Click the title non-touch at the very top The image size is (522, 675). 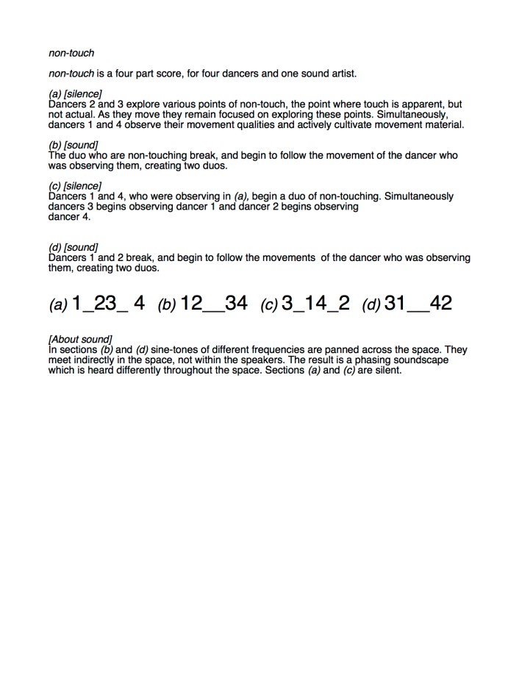tap(71, 53)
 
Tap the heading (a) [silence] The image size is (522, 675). tap(75, 94)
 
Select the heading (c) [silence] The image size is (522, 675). tap(75, 186)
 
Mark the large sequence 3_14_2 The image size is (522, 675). tap(315, 303)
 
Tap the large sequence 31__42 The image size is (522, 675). tap(418, 303)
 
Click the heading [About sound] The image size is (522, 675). tap(80, 339)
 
